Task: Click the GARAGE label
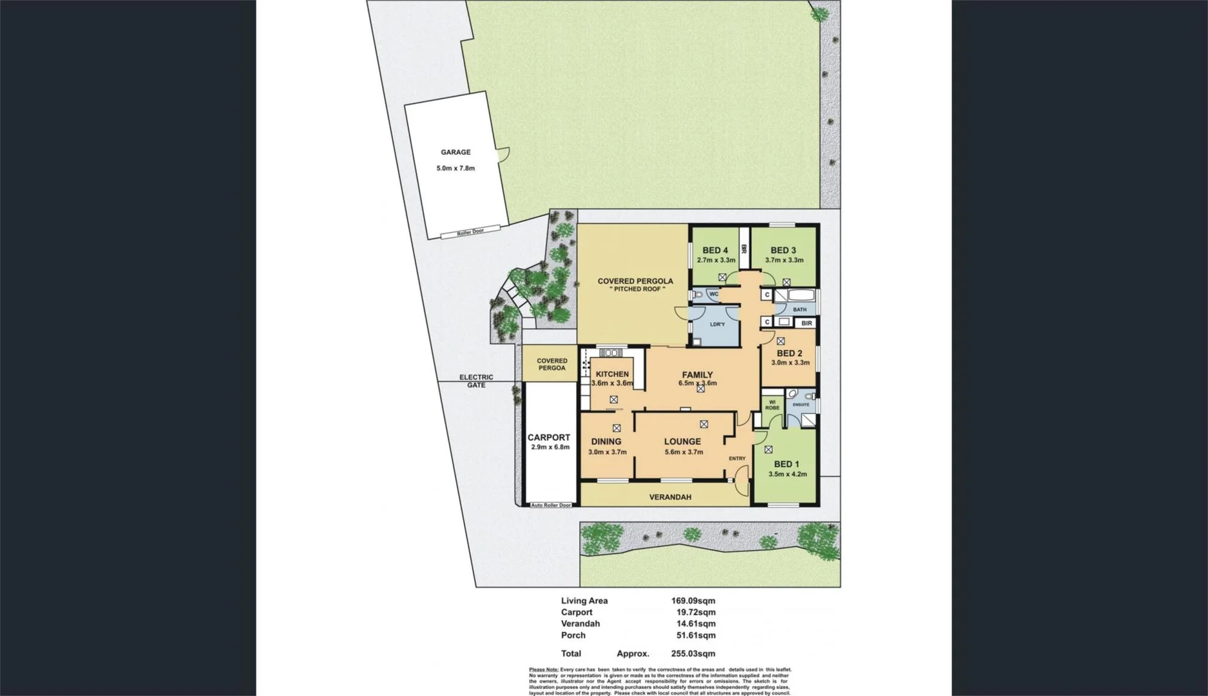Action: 455,152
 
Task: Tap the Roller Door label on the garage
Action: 470,231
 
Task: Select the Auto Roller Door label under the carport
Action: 551,505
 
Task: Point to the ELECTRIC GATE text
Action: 476,381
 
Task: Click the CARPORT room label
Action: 549,438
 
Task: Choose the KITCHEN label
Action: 612,374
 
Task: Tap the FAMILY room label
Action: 697,374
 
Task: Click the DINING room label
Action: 606,441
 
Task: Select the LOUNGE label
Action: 682,441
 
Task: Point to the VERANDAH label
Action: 670,497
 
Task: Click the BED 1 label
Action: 787,464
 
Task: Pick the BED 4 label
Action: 715,250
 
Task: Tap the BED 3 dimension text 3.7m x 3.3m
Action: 784,260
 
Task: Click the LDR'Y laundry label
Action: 717,324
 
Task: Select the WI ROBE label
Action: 772,405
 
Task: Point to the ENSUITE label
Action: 801,405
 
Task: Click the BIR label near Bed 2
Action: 807,323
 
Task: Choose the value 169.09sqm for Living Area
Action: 693,601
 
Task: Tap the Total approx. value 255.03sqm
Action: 693,653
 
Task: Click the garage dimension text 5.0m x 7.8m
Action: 455,168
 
